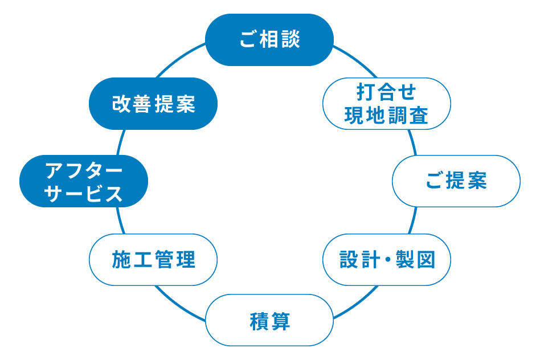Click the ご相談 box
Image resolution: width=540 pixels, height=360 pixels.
click(x=269, y=40)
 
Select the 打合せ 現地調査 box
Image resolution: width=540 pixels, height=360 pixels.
click(x=386, y=104)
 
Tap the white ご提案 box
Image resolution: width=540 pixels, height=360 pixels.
click(x=456, y=181)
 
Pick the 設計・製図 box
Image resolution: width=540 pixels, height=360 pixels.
click(x=387, y=260)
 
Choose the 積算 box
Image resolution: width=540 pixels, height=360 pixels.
click(x=269, y=320)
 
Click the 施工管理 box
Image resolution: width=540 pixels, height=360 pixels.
click(x=153, y=260)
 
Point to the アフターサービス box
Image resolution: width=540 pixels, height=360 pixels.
click(x=84, y=181)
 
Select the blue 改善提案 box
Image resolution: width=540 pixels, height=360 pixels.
click(x=153, y=104)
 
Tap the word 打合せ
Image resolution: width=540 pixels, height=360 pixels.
click(x=386, y=92)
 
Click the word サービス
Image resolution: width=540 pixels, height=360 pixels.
click(x=84, y=194)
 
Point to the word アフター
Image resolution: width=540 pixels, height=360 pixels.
click(x=84, y=170)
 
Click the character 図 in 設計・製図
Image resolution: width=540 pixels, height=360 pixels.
click(x=425, y=260)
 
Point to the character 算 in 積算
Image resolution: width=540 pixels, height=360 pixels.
click(x=280, y=321)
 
